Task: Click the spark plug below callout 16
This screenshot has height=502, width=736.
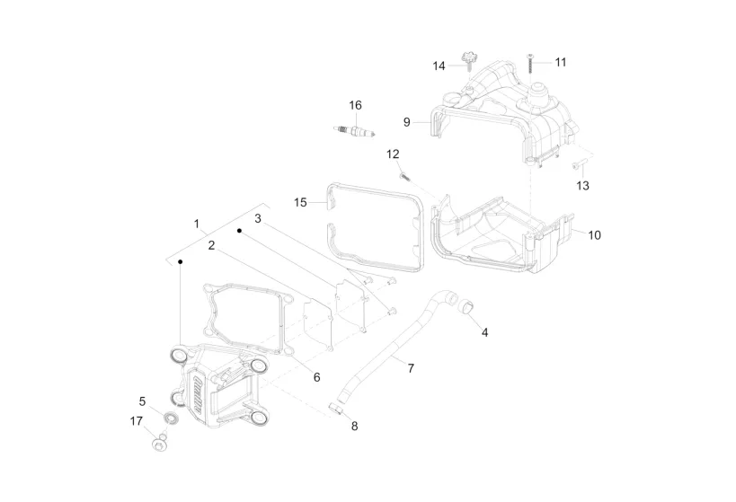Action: [x=354, y=131]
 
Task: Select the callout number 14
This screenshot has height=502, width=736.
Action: [x=439, y=66]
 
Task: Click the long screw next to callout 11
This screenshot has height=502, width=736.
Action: [x=530, y=63]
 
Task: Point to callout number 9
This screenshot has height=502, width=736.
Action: [x=406, y=122]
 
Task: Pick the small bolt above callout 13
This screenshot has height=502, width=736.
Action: [x=580, y=163]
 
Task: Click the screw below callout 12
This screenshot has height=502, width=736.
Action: [x=404, y=177]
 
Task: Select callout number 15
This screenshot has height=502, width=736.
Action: [x=300, y=203]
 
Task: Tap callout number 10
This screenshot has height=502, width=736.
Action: [x=594, y=235]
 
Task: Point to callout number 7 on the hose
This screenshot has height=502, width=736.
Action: [x=411, y=369]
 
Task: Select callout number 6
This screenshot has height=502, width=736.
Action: [x=317, y=377]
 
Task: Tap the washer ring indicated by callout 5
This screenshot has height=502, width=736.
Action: [x=172, y=418]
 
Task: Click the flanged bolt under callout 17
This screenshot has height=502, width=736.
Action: [x=160, y=444]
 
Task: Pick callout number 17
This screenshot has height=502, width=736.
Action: [x=136, y=421]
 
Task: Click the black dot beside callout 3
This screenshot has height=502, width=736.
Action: [x=239, y=231]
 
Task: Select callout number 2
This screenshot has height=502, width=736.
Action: [x=212, y=245]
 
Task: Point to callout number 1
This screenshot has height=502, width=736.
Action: [x=197, y=225]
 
